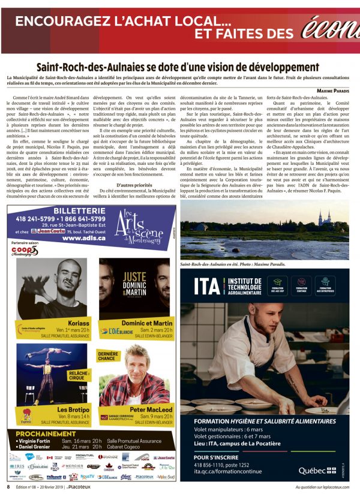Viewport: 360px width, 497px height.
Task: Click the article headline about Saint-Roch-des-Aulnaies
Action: (x=178, y=67)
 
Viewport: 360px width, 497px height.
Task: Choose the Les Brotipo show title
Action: (x=71, y=409)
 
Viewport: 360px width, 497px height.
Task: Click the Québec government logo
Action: (x=317, y=469)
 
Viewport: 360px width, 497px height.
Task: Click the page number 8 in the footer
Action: (x=8, y=487)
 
